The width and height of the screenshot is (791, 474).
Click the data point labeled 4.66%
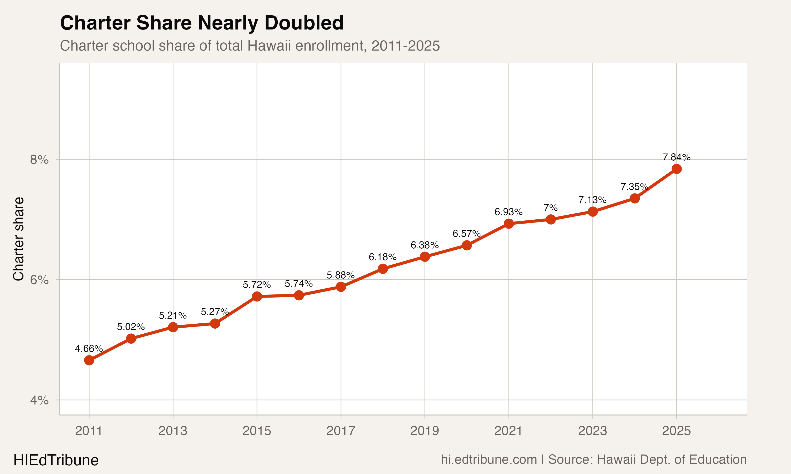[89, 360]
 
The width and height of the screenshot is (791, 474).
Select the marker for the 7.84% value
[677, 169]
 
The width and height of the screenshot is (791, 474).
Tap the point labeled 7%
[551, 219]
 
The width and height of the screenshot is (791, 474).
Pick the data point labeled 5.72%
[257, 297]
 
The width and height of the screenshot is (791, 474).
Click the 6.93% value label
[508, 212]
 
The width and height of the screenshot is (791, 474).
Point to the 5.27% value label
[215, 312]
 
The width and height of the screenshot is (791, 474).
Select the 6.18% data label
[382, 257]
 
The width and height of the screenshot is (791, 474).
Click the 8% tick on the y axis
[39, 159]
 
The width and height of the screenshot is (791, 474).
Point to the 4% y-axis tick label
[39, 400]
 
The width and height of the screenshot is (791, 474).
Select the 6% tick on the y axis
[39, 280]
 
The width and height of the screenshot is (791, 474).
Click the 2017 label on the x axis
[341, 431]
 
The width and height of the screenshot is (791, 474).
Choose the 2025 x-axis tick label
[677, 431]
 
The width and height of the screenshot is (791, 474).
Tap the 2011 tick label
[89, 431]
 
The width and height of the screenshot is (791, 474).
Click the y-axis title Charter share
[18, 239]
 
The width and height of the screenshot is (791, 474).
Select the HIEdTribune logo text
[56, 460]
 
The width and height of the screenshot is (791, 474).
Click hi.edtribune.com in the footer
[489, 460]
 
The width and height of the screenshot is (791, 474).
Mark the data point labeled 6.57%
[467, 245]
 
